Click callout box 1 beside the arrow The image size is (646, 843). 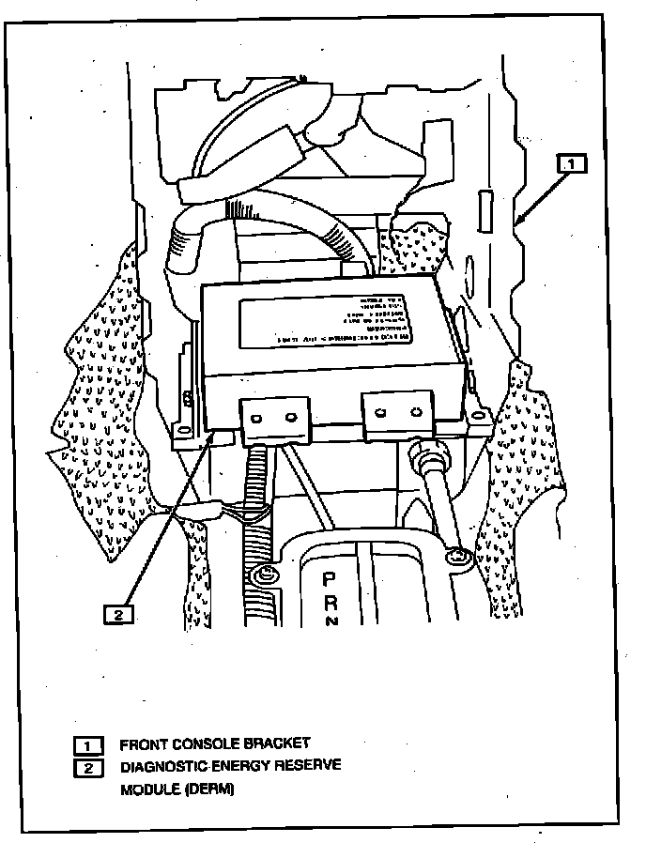pyautogui.click(x=572, y=163)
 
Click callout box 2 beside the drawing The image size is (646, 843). pyautogui.click(x=118, y=615)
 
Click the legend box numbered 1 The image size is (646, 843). pyautogui.click(x=88, y=745)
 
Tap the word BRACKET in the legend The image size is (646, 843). pyautogui.click(x=276, y=744)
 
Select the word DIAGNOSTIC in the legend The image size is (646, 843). pyautogui.click(x=161, y=766)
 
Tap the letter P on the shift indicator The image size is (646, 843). pyautogui.click(x=330, y=580)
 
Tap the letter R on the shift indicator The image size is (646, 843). pyautogui.click(x=330, y=603)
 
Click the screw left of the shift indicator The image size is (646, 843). pyautogui.click(x=266, y=575)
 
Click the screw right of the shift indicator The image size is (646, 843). pyautogui.click(x=458, y=556)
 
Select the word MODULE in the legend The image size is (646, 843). pyautogui.click(x=149, y=789)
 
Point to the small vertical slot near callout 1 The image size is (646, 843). pyautogui.click(x=484, y=210)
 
